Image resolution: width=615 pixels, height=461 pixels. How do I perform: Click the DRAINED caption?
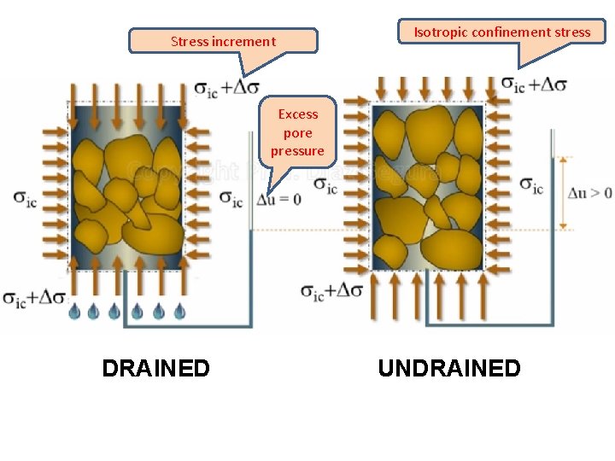(155, 368)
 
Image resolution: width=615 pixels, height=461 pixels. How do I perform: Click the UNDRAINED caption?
(448, 368)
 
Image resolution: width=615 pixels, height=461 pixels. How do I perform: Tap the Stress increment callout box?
(223, 41)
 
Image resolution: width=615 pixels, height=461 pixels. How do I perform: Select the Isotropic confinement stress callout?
(502, 32)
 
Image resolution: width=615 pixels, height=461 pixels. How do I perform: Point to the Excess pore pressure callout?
(297, 132)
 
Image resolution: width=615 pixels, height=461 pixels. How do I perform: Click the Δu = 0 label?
(279, 199)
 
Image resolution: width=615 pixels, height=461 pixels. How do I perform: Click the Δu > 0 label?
(590, 193)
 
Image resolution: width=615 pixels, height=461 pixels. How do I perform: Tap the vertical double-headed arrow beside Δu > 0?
(563, 193)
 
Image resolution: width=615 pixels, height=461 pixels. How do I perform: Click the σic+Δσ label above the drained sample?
(226, 87)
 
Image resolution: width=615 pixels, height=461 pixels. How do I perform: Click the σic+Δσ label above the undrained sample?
(533, 85)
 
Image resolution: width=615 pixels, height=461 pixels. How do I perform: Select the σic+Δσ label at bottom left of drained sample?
(34, 298)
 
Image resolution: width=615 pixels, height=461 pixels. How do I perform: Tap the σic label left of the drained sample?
(25, 199)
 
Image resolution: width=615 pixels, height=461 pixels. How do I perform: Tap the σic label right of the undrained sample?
(531, 186)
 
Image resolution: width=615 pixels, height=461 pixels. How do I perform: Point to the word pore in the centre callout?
(297, 132)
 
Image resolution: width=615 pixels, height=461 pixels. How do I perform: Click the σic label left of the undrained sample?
(325, 186)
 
